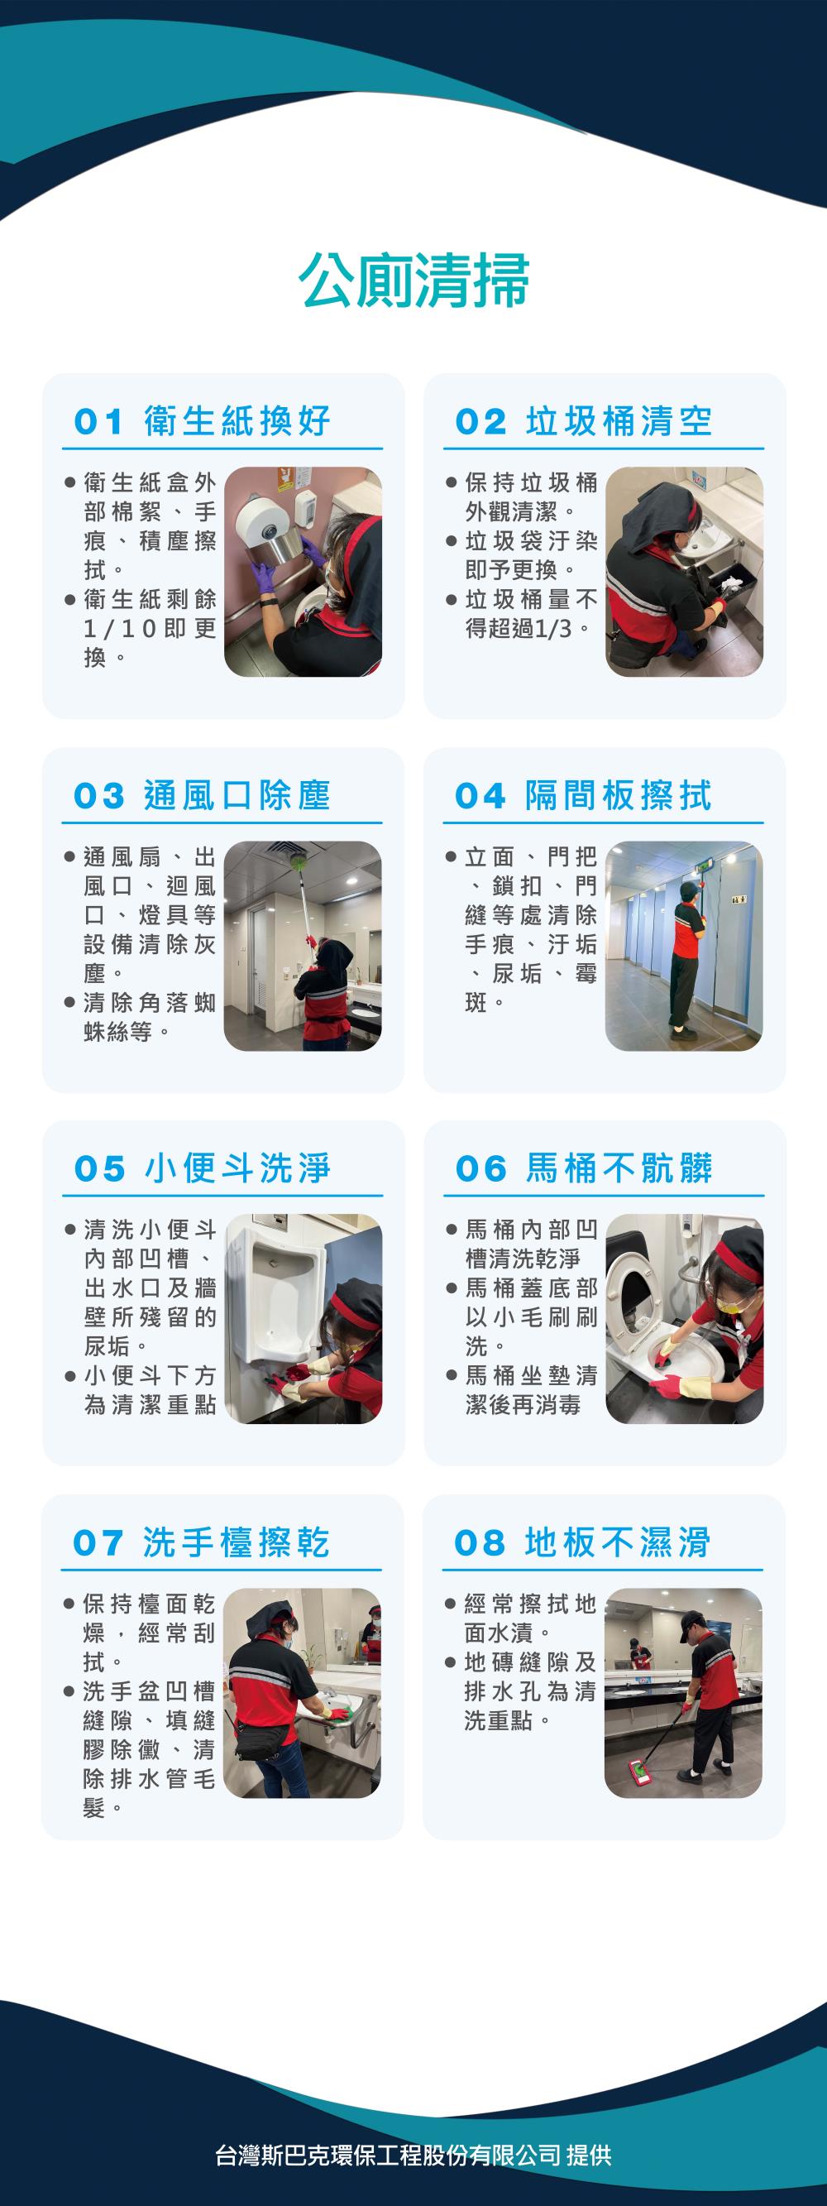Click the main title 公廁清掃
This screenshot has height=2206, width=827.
tap(414, 280)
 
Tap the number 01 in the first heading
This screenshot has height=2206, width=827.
tap(99, 422)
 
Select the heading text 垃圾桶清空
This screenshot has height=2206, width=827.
tap(618, 421)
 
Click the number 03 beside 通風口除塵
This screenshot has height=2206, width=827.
tap(99, 796)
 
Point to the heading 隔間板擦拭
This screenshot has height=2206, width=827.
tap(618, 795)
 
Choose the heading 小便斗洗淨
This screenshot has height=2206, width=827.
tap(237, 1168)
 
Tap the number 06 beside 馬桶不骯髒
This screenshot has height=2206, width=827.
tap(480, 1169)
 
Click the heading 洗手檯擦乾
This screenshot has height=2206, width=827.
tap(237, 1542)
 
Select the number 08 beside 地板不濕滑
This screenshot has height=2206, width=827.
tap(480, 1543)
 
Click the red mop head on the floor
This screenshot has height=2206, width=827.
tap(640, 1769)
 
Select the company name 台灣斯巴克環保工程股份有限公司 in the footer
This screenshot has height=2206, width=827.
tap(388, 2155)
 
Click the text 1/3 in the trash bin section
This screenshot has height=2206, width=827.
tap(554, 629)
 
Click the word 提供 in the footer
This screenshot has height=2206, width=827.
tap(589, 2155)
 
